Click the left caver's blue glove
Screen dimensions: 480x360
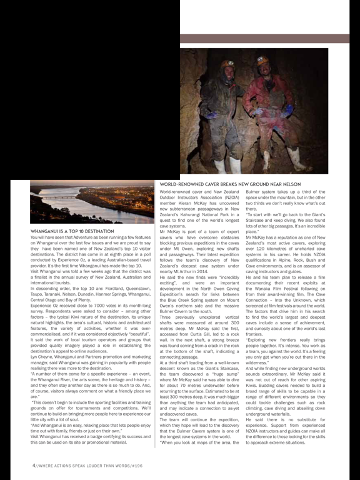(x=212, y=115)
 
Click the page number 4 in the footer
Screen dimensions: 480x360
(x=34, y=466)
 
